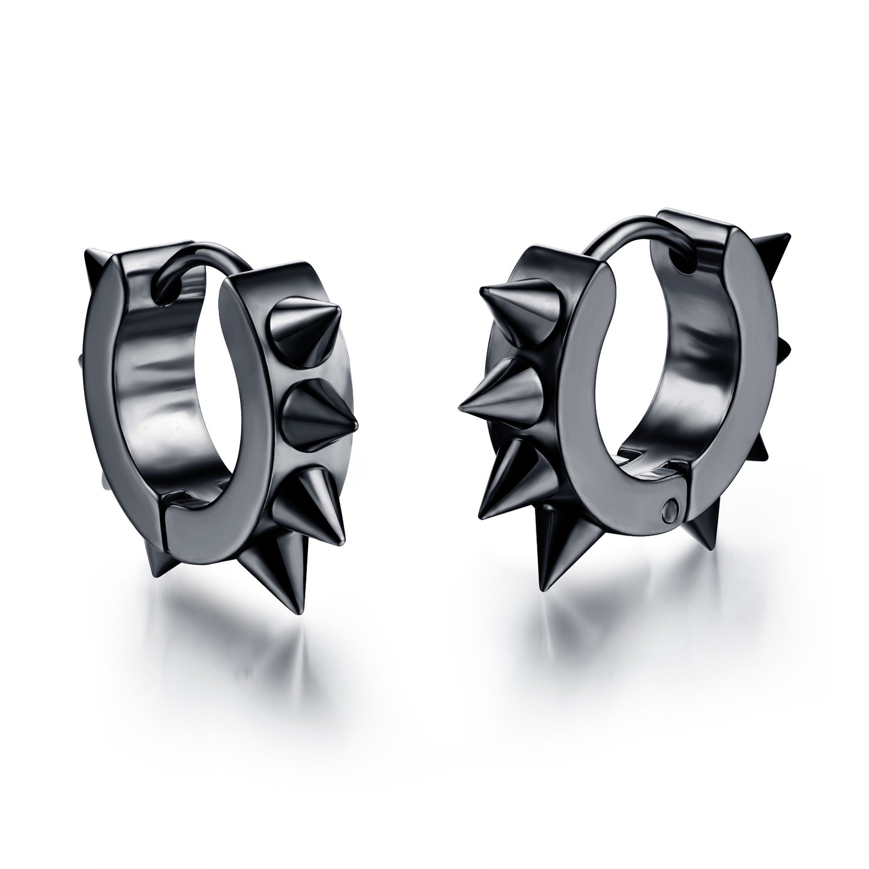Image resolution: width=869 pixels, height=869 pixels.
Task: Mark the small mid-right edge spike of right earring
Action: pos(782,349)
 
